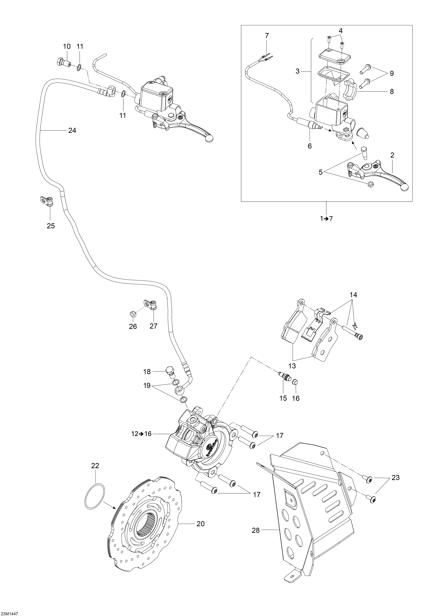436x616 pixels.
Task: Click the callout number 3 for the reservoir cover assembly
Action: pyautogui.click(x=297, y=71)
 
